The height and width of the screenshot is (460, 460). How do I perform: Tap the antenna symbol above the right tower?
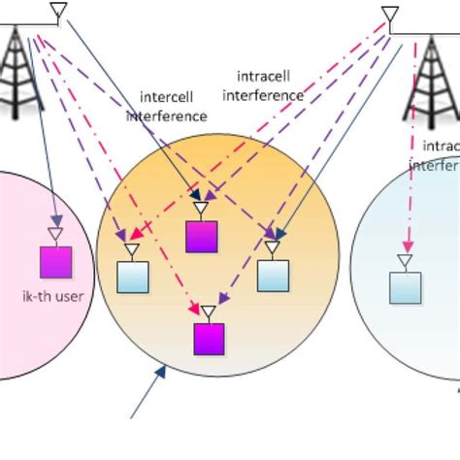point(390,16)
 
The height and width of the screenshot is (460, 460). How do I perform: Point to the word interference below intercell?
point(167,115)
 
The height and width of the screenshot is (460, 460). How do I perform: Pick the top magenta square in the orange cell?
point(202,236)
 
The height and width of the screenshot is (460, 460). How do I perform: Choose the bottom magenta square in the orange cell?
point(209,339)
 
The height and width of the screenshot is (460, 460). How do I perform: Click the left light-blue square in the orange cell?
point(132,277)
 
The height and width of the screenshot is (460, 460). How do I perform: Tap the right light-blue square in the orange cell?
point(273,276)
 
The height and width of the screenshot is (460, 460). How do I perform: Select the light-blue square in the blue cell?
point(405,287)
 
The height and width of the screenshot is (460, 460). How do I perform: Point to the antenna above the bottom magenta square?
point(208,312)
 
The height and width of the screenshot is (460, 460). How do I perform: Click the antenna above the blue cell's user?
point(404,261)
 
